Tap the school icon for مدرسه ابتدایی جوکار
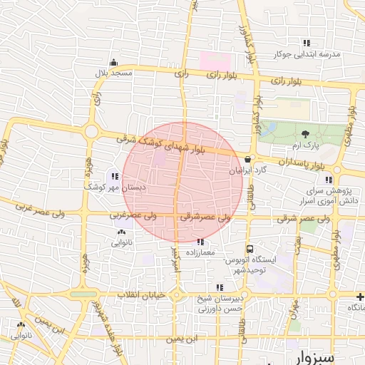coord(307,43)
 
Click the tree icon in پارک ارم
coord(306,133)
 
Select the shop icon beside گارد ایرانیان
coord(247,159)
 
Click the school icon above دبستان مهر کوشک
coord(115,175)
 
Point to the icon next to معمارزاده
coord(200,242)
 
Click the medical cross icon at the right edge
coord(361,296)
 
